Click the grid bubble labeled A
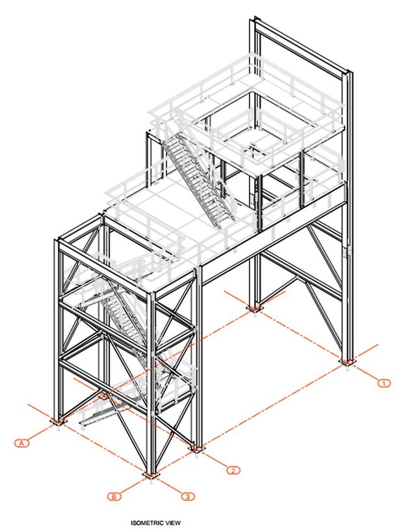(x=22, y=442)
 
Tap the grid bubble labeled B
(x=114, y=496)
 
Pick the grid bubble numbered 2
(x=233, y=470)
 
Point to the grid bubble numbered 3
(x=188, y=497)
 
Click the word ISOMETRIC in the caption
(x=148, y=523)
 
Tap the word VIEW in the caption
(x=173, y=523)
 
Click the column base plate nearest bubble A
(x=58, y=422)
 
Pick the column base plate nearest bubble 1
(x=347, y=362)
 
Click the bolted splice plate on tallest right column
(x=346, y=251)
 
